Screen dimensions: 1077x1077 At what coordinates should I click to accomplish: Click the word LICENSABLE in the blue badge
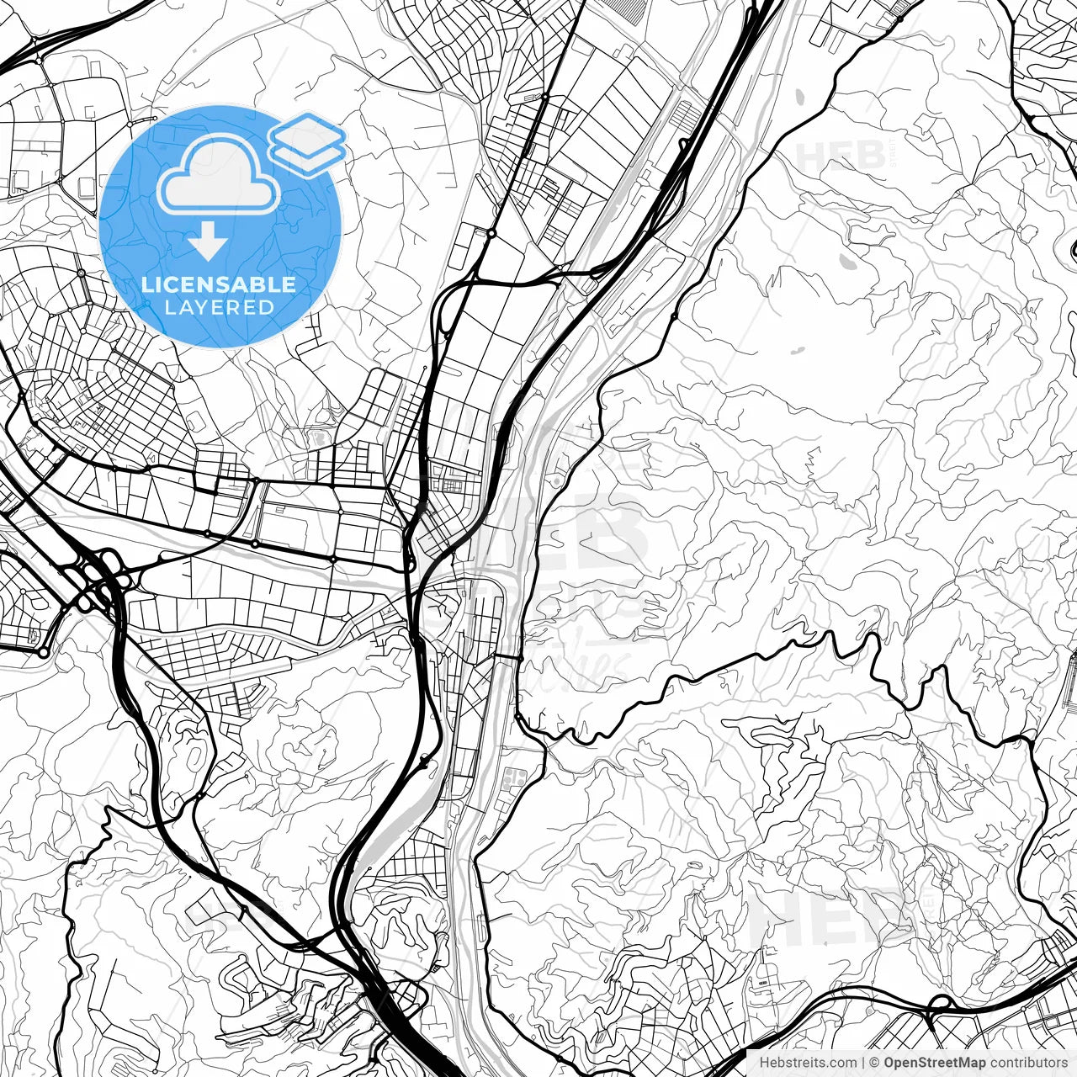(x=219, y=284)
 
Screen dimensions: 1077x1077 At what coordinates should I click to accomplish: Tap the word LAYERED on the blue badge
(x=219, y=307)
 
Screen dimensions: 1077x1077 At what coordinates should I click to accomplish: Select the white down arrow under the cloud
(x=208, y=242)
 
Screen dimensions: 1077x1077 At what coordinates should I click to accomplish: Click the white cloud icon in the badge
(x=220, y=174)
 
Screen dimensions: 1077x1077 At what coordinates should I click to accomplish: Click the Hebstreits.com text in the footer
(x=808, y=1063)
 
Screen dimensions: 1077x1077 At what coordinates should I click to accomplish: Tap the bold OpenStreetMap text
(x=935, y=1063)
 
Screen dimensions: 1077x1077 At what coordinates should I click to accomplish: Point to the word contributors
(x=1028, y=1063)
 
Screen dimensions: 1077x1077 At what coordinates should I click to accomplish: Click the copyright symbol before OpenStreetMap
(x=875, y=1063)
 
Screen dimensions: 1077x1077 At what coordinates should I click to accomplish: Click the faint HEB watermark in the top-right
(x=841, y=157)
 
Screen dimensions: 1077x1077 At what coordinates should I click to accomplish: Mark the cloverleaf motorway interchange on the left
(x=101, y=577)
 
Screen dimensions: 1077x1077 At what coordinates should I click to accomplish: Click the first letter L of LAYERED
(x=169, y=307)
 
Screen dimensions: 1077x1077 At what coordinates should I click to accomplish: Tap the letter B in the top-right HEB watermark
(x=872, y=157)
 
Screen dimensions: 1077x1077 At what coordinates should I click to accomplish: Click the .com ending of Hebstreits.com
(x=843, y=1063)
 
